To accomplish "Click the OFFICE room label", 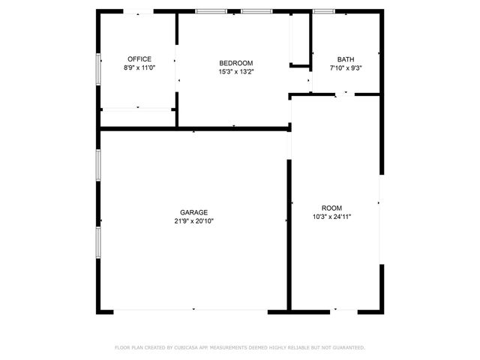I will coord(139,59).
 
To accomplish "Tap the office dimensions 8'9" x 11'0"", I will coord(139,67).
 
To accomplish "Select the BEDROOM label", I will coord(235,63).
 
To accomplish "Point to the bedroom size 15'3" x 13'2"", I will coord(235,72).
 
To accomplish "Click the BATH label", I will coord(345,59).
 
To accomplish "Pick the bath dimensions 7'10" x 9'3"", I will coord(345,67).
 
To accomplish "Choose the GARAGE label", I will coord(193,212).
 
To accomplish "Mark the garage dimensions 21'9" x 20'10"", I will coord(193,221).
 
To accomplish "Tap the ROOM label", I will coord(331,208).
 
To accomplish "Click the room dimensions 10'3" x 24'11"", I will coord(331,217).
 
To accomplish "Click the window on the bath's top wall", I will coord(324,11).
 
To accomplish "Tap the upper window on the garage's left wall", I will coord(98,164).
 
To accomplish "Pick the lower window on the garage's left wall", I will coord(98,242).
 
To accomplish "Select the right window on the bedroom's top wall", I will coord(256,11).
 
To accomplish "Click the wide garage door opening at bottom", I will coord(190,310).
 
